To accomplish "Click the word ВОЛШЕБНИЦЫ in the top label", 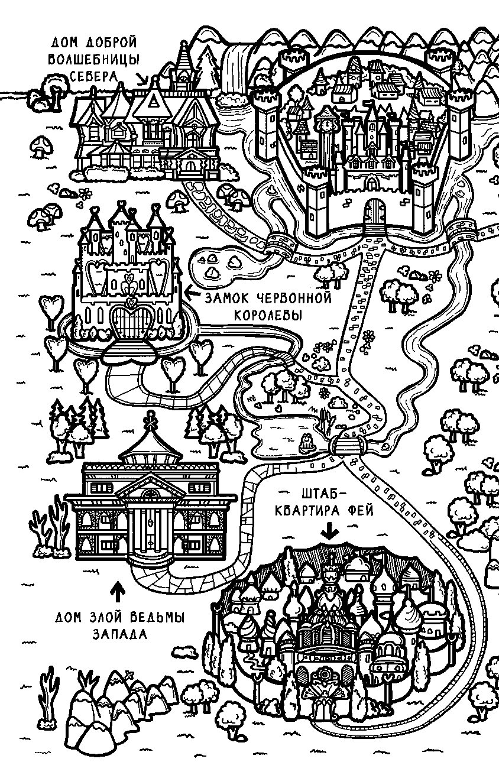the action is click(93, 59).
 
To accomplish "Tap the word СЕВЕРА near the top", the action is click(93, 76).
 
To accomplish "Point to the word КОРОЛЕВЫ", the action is click(268, 315).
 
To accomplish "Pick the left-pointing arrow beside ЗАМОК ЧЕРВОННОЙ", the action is click(193, 294).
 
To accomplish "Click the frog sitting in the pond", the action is click(306, 443).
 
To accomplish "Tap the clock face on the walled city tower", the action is click(325, 124).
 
